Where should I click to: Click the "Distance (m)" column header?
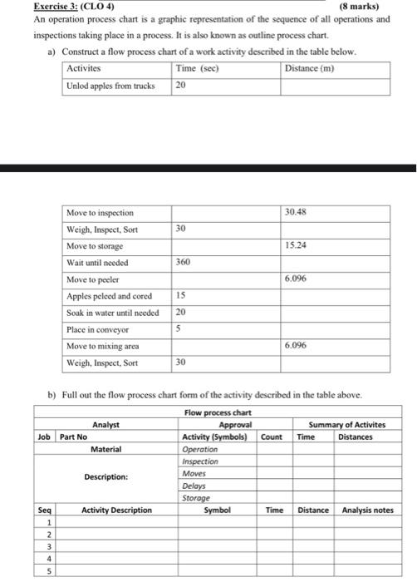click(309, 69)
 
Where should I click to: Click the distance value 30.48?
click(296, 212)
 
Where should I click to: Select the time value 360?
click(184, 261)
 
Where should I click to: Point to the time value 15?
click(181, 295)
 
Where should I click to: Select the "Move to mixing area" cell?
click(102, 346)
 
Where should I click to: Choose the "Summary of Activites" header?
click(346, 424)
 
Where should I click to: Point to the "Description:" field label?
click(105, 477)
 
